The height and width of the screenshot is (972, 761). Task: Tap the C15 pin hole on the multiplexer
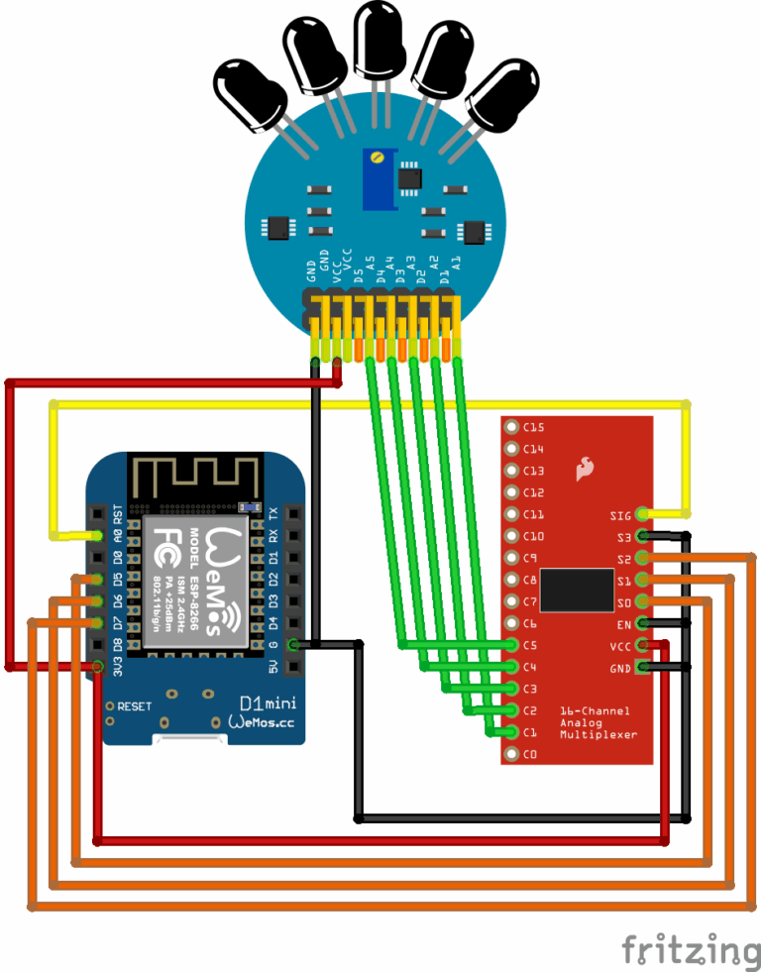point(511,428)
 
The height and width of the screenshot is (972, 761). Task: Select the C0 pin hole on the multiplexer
point(511,755)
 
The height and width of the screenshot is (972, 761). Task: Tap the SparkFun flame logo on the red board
point(585,468)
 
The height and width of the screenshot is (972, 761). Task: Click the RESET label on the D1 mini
point(135,706)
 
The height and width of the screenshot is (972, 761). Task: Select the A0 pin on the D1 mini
point(97,536)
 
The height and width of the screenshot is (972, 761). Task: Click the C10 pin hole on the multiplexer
point(511,537)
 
